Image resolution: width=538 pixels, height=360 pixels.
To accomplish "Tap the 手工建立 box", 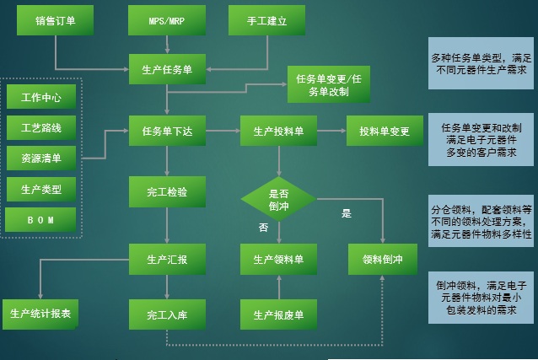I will coord(266,20).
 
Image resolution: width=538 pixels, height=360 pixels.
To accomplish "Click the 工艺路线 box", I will coord(40,127).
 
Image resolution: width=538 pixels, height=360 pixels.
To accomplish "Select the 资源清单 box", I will coord(40,158).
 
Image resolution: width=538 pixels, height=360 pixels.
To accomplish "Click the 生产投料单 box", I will coord(278,131).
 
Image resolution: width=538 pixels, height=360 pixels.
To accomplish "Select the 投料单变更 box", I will coord(384,131).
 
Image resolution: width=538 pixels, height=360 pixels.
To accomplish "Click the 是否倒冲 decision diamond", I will coord(278,199).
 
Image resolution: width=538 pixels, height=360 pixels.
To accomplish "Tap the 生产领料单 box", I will coord(278,259).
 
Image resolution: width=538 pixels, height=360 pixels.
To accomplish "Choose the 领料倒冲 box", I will coord(384,259).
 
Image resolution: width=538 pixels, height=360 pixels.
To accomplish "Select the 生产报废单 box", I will coord(278,315).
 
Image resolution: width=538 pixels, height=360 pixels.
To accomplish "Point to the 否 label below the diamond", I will coord(263,228).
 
